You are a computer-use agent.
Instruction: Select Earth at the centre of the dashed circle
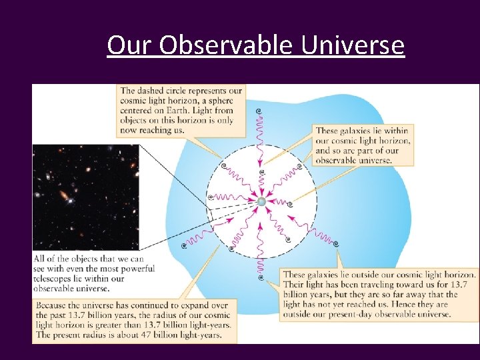[x=261, y=201]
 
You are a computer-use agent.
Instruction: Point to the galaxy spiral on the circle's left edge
[x=211, y=197]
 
